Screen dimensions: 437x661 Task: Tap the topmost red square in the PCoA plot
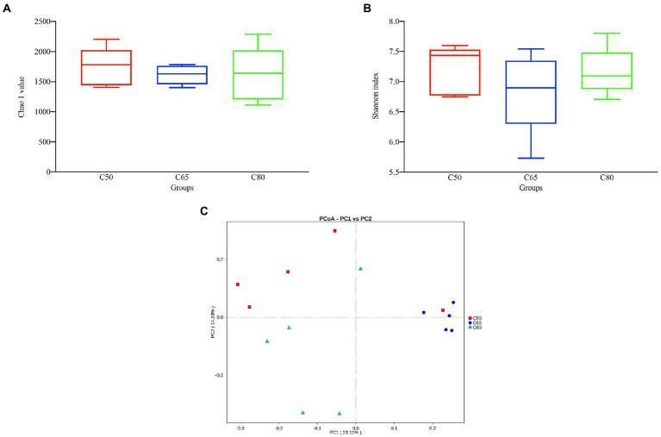(334, 231)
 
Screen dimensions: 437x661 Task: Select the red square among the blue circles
(443, 310)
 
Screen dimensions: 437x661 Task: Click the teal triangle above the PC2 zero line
(361, 269)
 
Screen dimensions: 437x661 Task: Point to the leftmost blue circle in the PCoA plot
(424, 313)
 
